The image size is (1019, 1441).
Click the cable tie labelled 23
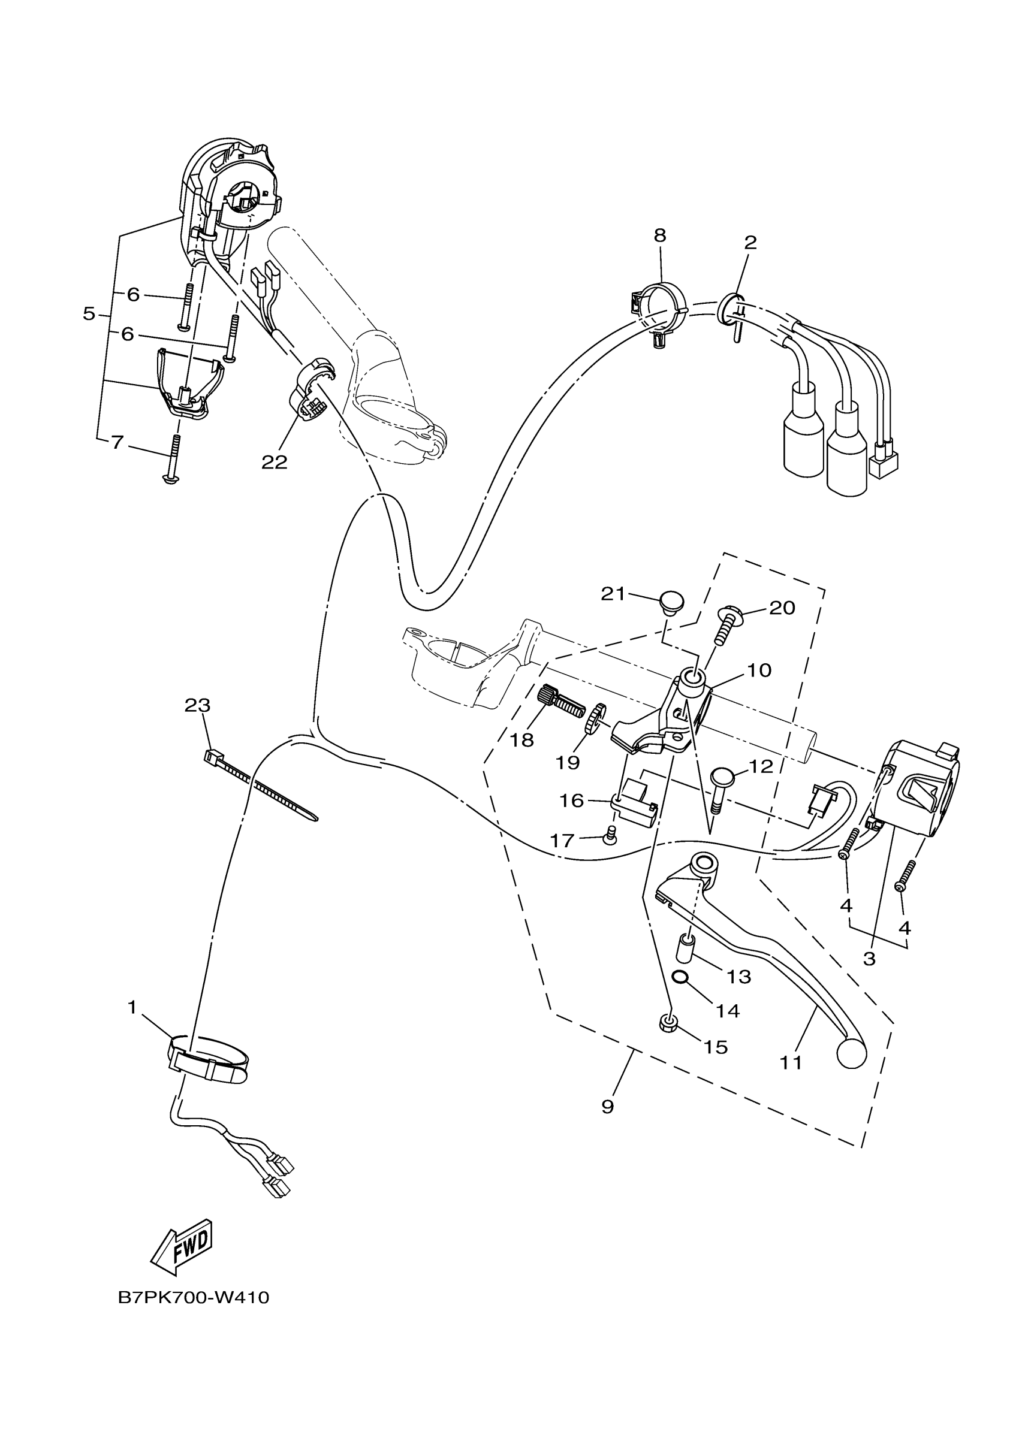[261, 785]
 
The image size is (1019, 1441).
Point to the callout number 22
[275, 462]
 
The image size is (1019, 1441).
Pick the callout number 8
[659, 235]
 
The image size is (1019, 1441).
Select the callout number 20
[782, 608]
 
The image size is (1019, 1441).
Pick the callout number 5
[89, 313]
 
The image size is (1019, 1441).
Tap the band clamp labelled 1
[209, 1062]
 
